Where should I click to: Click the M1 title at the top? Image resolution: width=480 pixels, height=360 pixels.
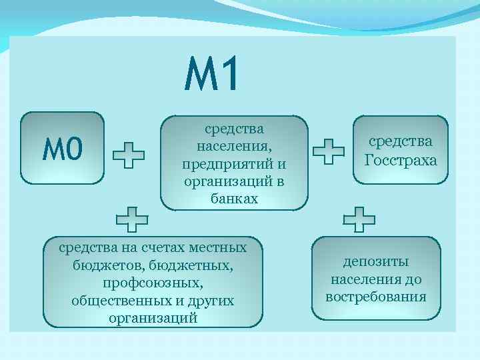[x=211, y=74]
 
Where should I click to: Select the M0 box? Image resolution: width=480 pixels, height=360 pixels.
[x=63, y=148]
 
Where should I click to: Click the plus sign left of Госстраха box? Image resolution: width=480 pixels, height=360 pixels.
[x=328, y=151]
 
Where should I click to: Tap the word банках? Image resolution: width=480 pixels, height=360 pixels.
[x=234, y=199]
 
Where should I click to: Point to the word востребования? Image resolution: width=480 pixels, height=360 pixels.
[x=376, y=296]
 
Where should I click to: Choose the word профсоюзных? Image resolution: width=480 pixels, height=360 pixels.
[x=153, y=283]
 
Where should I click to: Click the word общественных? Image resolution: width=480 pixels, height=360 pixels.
[x=117, y=301]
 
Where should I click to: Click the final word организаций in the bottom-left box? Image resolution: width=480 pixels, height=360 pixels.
[x=153, y=318]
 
